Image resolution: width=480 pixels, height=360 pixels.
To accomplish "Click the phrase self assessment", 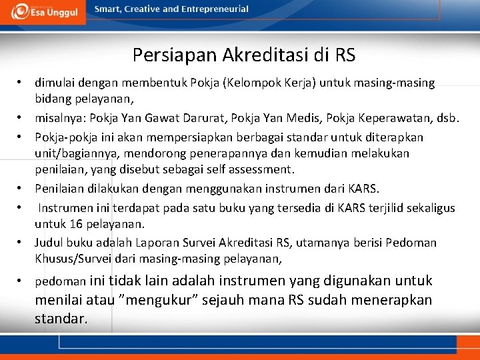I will (249, 169).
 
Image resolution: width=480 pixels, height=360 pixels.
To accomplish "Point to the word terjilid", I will (391, 208).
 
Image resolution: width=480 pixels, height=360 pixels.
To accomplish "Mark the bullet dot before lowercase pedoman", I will (21, 281).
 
